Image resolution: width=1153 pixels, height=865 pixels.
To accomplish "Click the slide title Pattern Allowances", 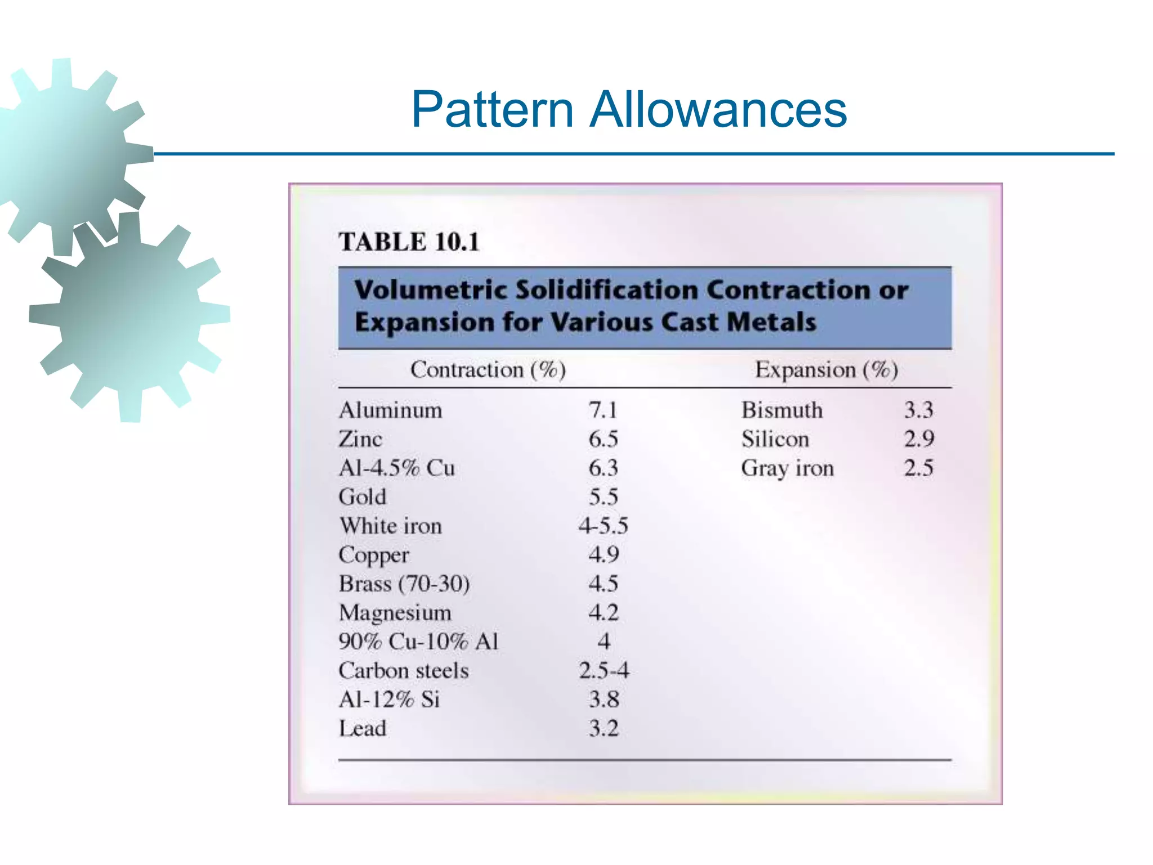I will [x=628, y=109].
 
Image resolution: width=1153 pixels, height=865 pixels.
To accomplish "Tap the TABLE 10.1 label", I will [x=409, y=242].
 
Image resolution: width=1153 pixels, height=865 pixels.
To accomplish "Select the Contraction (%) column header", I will [x=488, y=369].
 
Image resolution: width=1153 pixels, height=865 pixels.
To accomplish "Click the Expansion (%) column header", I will [x=826, y=369].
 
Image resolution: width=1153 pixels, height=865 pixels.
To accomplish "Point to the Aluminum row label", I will [x=390, y=410].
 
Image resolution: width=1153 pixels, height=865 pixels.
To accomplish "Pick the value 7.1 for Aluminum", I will [x=603, y=410].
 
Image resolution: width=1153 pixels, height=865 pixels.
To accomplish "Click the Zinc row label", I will [x=360, y=439].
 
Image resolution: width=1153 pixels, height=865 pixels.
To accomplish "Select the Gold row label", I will [x=363, y=497].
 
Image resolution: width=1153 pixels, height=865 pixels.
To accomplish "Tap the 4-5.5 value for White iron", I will [x=603, y=526].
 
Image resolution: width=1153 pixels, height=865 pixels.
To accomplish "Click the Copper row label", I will [x=374, y=555].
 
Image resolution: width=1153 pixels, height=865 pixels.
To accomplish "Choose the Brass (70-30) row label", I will [x=404, y=584].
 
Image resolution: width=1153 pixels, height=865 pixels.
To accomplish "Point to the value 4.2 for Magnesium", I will [x=603, y=613].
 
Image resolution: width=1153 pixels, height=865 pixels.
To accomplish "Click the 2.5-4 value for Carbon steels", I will [x=604, y=671].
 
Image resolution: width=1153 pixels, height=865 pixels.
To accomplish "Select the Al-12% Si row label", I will [x=389, y=699].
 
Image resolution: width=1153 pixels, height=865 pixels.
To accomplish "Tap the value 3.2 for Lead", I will [x=604, y=729].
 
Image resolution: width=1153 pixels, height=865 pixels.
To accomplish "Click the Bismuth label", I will [x=781, y=410].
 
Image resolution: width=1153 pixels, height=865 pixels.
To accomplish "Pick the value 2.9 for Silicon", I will [x=919, y=439].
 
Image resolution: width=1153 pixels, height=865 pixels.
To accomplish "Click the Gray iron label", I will [x=787, y=468].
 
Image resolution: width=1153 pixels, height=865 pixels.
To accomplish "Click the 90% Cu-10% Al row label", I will [x=418, y=642].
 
